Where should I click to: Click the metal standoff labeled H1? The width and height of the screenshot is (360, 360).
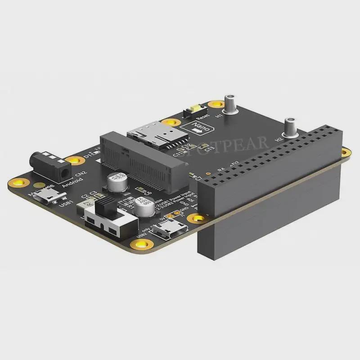[231, 103]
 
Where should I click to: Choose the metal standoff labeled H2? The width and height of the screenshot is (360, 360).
[290, 127]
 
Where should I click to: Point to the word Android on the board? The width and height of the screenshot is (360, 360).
[72, 184]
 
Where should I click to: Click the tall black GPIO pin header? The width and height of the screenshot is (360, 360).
[270, 180]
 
